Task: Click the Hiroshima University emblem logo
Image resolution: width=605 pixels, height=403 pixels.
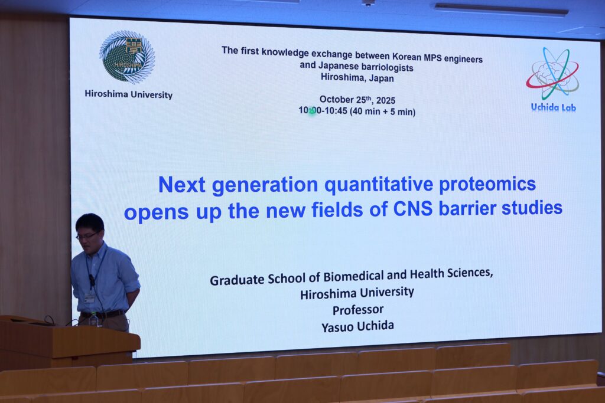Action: point(128,57)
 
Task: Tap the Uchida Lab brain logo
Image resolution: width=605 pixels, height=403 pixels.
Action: point(552,73)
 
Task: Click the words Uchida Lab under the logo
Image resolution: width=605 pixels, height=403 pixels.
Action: point(553,107)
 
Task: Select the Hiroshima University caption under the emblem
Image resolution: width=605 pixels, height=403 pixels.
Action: point(128,94)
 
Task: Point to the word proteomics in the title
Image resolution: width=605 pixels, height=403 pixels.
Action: point(487,184)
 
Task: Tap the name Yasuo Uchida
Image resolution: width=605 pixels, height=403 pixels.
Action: point(357,327)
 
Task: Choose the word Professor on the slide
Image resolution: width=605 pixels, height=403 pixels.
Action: point(358,310)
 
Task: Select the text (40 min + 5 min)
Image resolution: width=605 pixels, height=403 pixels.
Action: point(382,112)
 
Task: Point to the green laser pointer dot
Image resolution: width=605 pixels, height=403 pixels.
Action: point(312,112)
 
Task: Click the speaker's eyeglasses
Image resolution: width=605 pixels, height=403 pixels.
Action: point(87,235)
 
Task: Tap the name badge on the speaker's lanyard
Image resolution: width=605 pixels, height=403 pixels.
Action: point(90,298)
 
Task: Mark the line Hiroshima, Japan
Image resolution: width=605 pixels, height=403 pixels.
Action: point(357,78)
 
